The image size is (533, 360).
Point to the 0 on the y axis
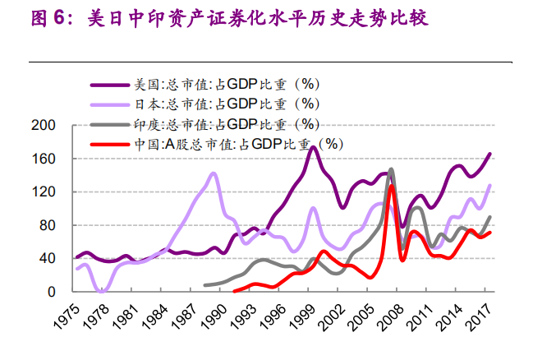pos(50,292)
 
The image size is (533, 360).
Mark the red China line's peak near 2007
pos(392,187)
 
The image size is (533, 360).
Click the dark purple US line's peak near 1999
pos(313,147)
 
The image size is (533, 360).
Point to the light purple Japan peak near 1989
pos(214,173)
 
